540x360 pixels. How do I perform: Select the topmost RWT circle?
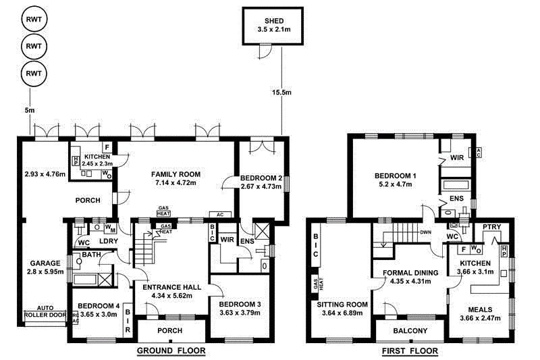point(31,20)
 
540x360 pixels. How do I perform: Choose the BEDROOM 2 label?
point(261,178)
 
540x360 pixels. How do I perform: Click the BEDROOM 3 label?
point(240,303)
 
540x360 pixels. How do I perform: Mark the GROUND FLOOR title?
point(171,351)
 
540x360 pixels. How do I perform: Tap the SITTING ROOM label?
point(342,305)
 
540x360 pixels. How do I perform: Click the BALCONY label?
point(410,330)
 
